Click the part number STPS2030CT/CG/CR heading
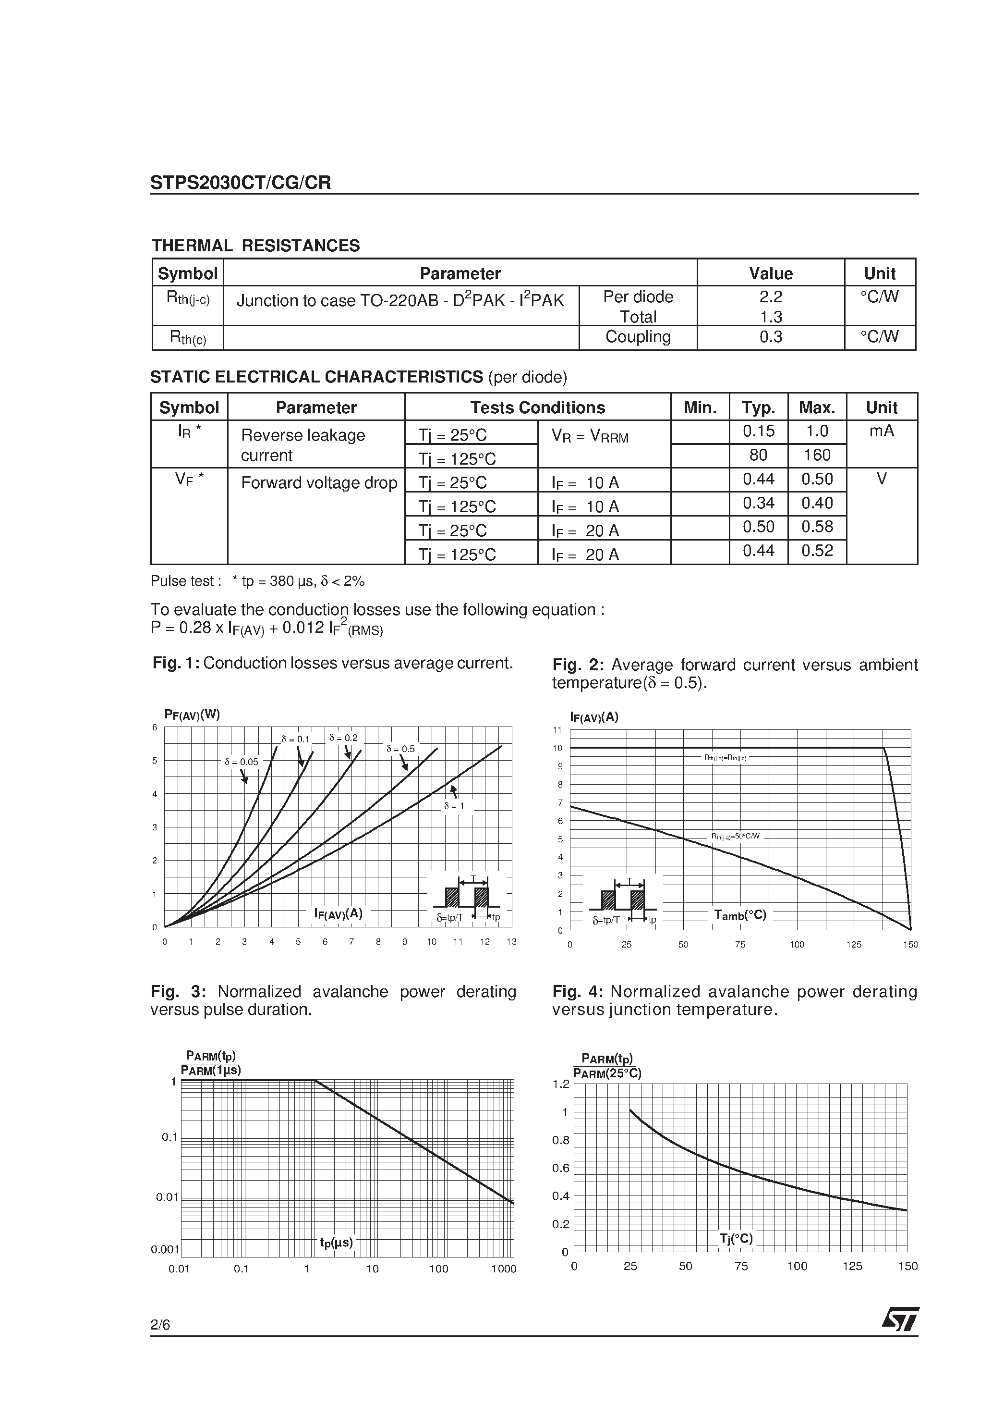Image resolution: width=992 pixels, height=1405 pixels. [x=241, y=183]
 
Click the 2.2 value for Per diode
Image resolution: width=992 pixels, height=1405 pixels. [x=770, y=297]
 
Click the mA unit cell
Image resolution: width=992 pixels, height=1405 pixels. [x=881, y=431]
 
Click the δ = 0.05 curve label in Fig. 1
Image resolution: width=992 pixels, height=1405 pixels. [x=241, y=762]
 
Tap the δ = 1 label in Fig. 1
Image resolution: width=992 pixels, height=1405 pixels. [x=454, y=806]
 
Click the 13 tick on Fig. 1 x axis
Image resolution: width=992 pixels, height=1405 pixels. [x=511, y=942]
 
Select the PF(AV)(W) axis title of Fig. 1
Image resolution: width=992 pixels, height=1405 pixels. [x=192, y=714]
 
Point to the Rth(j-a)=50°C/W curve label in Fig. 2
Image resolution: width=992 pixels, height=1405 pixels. [x=735, y=836]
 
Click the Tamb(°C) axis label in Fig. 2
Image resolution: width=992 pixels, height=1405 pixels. [x=740, y=915]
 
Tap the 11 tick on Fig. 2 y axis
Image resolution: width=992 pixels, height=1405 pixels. [x=557, y=730]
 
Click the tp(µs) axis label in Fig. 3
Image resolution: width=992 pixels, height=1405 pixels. [x=337, y=1243]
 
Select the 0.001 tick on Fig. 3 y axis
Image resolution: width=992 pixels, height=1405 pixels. [x=165, y=1250]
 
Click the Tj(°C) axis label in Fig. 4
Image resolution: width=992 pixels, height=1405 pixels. [x=737, y=1239]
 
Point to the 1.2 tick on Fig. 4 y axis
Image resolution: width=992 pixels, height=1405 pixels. [x=561, y=1085]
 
